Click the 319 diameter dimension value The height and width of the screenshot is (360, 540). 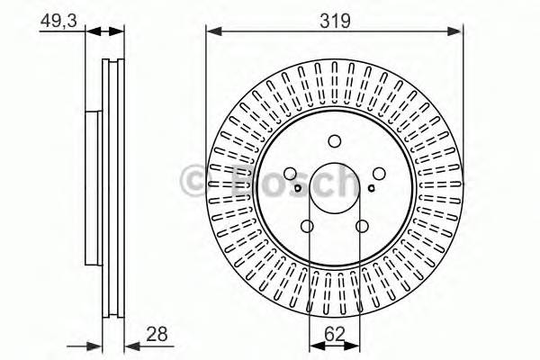[334, 19]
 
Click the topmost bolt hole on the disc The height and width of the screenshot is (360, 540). [335, 140]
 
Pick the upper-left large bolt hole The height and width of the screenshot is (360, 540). [291, 175]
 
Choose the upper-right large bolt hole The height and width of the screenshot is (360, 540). [378, 175]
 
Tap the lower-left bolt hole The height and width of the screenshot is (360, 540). [308, 227]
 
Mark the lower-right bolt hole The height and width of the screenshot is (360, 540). [362, 227]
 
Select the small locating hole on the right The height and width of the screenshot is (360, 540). [372, 189]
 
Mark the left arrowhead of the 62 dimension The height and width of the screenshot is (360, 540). [313, 345]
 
